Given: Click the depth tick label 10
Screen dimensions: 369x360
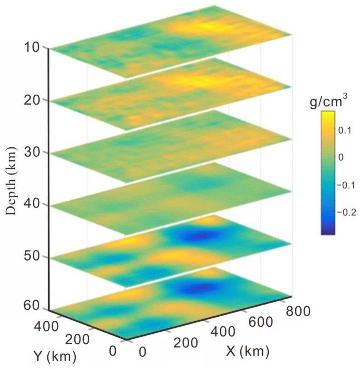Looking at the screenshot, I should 31,48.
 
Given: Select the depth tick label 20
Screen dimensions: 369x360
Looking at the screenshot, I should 31,100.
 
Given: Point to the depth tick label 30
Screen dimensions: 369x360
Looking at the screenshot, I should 31,153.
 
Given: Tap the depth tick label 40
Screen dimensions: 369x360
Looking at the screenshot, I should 31,205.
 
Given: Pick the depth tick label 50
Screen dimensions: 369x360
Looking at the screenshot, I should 31,257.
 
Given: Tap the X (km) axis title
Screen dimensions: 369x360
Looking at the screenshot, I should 248,351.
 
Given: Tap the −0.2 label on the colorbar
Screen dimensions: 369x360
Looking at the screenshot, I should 346,212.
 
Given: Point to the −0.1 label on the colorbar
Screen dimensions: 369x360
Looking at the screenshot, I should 346,185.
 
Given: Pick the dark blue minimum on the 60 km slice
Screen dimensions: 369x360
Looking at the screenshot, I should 201,288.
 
